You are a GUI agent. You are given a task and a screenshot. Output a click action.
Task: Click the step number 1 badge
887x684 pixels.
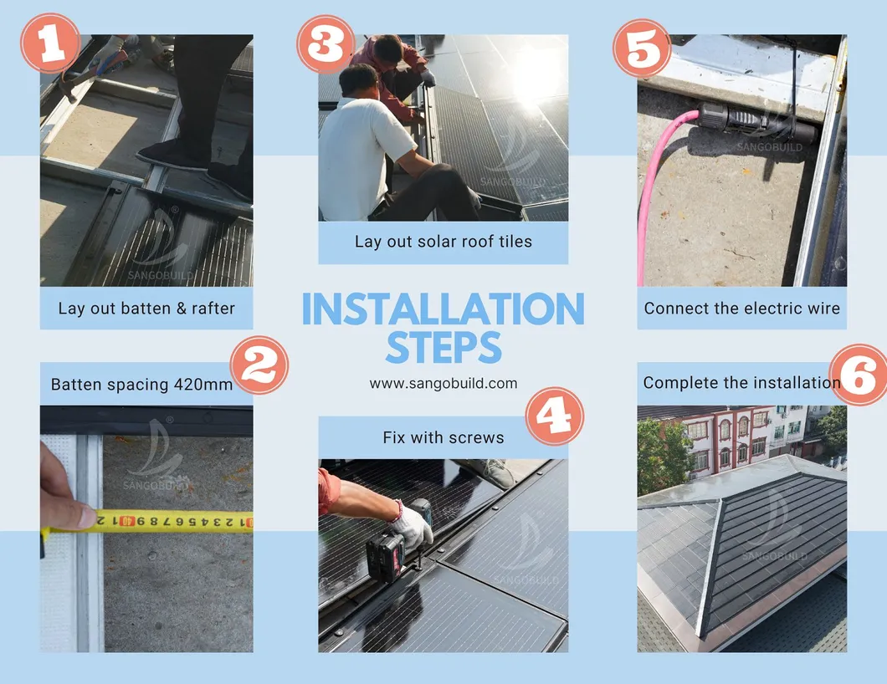click(51, 43)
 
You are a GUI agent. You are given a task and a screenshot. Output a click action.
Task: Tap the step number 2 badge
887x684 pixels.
click(259, 365)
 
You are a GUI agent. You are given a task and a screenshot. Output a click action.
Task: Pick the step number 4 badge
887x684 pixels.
click(555, 416)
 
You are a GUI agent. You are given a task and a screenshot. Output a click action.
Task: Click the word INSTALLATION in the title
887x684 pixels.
click(443, 310)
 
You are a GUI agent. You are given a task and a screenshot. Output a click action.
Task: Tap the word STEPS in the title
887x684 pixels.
click(443, 348)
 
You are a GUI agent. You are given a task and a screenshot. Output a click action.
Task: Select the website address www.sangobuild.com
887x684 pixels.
click(443, 384)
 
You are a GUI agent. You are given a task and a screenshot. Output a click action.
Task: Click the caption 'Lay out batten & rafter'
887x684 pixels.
click(146, 309)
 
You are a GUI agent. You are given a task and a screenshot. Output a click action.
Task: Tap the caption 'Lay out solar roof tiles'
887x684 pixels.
click(443, 242)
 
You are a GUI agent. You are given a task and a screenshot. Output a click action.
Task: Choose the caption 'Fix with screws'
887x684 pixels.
click(443, 437)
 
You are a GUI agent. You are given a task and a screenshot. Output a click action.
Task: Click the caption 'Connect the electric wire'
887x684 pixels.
click(741, 309)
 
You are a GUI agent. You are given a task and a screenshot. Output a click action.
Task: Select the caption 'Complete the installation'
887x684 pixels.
click(741, 383)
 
